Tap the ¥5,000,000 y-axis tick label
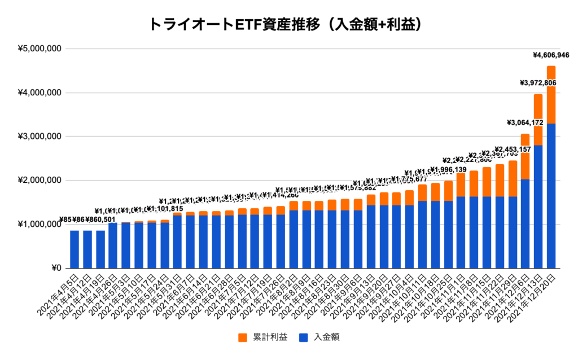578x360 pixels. pyautogui.click(x=40, y=49)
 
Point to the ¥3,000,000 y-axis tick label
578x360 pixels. pyautogui.click(x=40, y=137)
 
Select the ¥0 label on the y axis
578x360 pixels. pyautogui.click(x=55, y=268)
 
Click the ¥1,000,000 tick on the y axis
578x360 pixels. pyautogui.click(x=40, y=225)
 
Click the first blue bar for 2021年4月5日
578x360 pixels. pyautogui.click(x=75, y=249)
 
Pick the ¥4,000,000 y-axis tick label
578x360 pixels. pyautogui.click(x=40, y=93)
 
